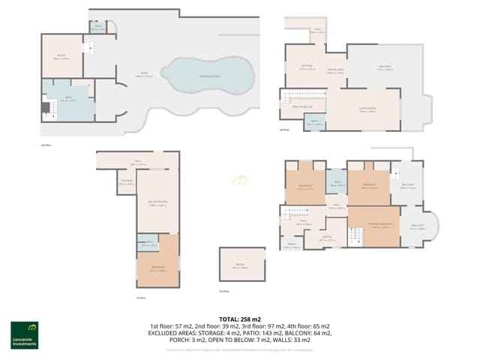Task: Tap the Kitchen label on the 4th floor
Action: [x=307, y=67]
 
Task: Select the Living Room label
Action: [x=367, y=111]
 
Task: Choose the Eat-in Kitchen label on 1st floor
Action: [x=157, y=205]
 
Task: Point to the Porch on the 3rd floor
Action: [x=292, y=246]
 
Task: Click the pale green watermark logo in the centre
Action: [x=241, y=181]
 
